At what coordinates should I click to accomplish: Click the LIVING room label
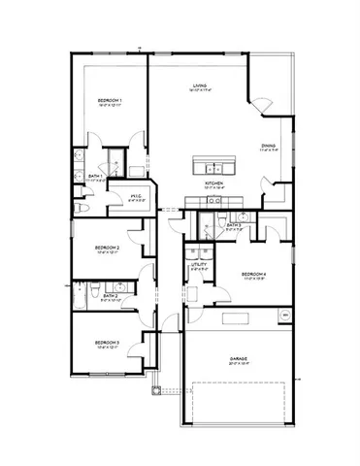pos(200,85)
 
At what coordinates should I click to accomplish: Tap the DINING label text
pos(270,145)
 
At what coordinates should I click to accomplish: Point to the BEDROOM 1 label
pos(108,100)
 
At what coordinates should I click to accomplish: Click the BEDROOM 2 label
pos(107,249)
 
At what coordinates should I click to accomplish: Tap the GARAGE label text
pos(239,358)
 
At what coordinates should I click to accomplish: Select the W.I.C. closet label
pos(137,196)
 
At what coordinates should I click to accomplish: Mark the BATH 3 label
pos(235,225)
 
